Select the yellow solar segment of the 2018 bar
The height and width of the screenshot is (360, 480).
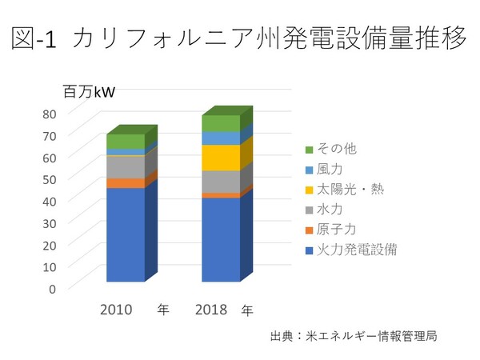tap(221, 158)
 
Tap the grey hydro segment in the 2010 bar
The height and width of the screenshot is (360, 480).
tap(126, 166)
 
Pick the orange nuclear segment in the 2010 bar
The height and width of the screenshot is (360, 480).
tap(126, 183)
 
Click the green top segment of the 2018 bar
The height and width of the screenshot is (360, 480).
tap(221, 123)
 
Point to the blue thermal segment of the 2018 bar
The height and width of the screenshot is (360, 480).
tap(221, 239)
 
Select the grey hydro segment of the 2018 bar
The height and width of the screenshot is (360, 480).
tap(221, 182)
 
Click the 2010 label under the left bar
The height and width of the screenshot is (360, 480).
tap(116, 308)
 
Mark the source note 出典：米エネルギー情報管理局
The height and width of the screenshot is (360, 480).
tap(354, 336)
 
